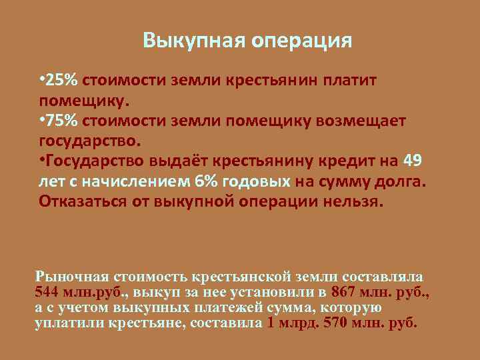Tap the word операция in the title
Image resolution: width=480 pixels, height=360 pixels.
pos(301,42)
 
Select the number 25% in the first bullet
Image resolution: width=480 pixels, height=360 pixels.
pos(63,81)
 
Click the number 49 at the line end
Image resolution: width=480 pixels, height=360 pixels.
pos(413,162)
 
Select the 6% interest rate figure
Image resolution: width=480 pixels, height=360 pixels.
pos(204,181)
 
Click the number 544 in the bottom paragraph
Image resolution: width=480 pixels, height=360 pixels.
pos(46,293)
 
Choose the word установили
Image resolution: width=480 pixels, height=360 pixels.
pos(275,293)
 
